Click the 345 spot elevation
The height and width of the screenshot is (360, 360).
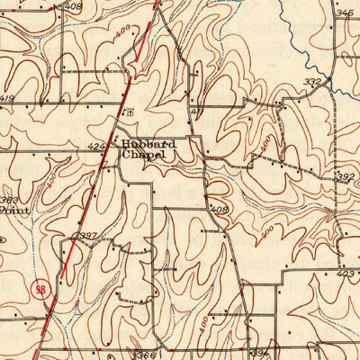(x=344, y=13)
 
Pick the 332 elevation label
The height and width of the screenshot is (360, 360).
(x=312, y=82)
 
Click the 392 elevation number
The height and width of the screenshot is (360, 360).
(x=346, y=177)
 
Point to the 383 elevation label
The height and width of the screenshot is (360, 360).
(x=8, y=200)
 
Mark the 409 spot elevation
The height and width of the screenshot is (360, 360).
(x=219, y=209)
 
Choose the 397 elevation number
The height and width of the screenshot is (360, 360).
(x=87, y=236)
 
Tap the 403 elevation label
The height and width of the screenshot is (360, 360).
(x=345, y=273)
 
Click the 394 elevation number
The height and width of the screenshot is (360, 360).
(x=260, y=355)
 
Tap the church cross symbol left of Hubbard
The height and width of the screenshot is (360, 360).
(x=113, y=145)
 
